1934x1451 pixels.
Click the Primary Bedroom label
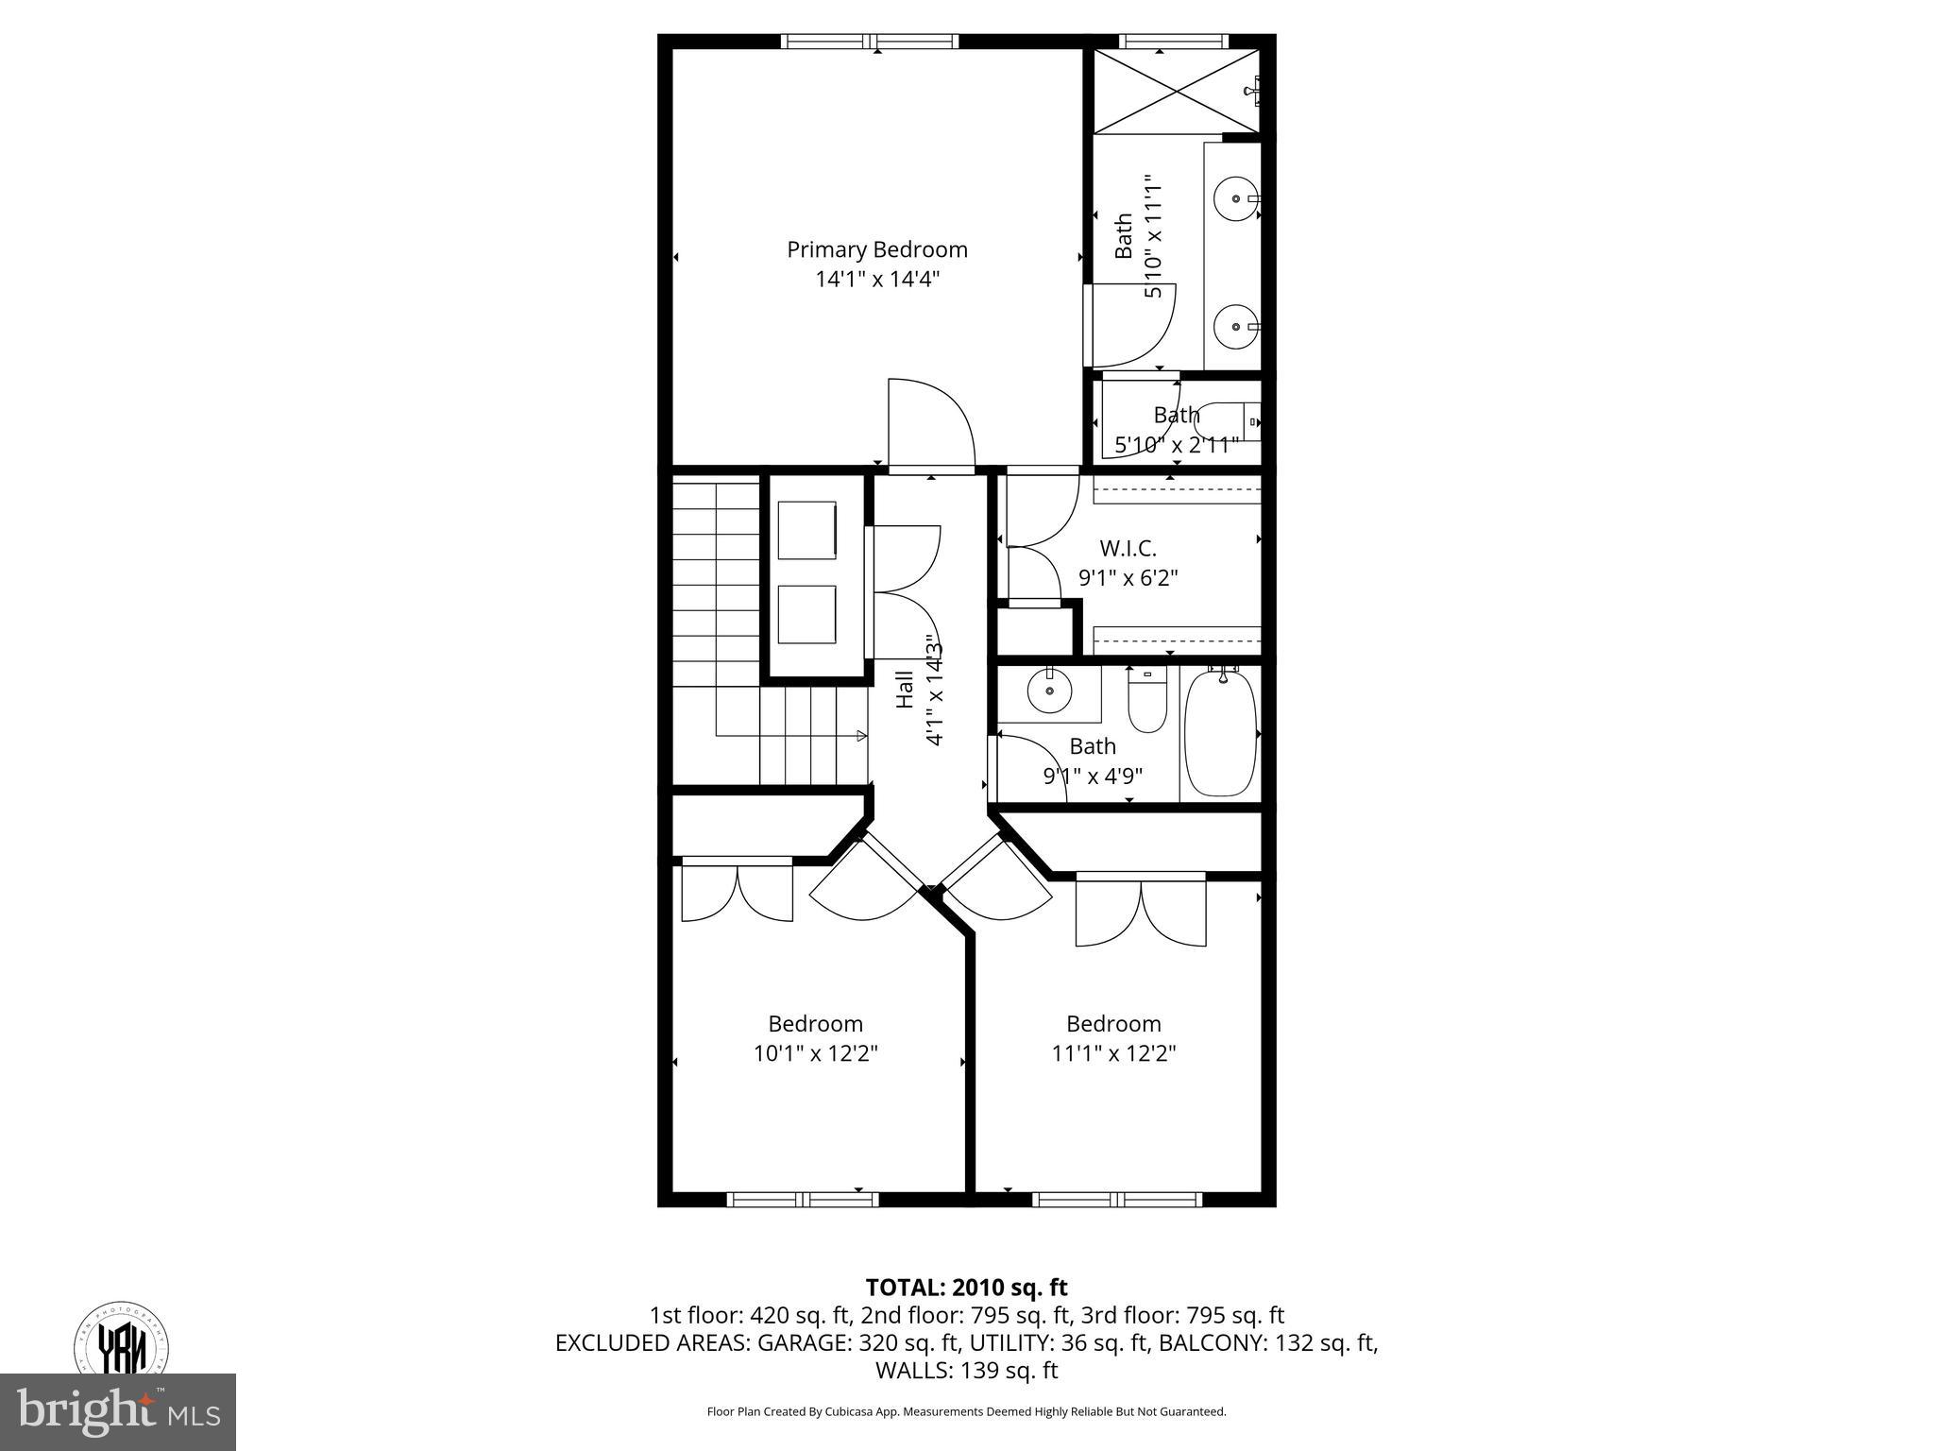(x=877, y=249)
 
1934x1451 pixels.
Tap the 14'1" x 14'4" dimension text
(x=877, y=280)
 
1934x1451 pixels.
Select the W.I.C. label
(x=1128, y=548)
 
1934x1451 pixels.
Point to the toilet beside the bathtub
(x=1147, y=704)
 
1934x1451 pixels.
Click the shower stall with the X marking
(x=1176, y=91)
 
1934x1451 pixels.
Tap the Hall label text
(x=905, y=690)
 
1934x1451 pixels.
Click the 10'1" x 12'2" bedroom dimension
(x=816, y=1053)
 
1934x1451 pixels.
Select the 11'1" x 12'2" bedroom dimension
(x=1113, y=1053)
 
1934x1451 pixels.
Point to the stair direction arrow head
(x=861, y=736)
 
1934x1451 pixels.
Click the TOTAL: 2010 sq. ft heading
(x=966, y=1287)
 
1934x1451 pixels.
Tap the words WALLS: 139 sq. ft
(x=966, y=1370)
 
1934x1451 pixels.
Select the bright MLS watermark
(x=118, y=1412)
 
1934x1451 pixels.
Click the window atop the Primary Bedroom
(x=870, y=42)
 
